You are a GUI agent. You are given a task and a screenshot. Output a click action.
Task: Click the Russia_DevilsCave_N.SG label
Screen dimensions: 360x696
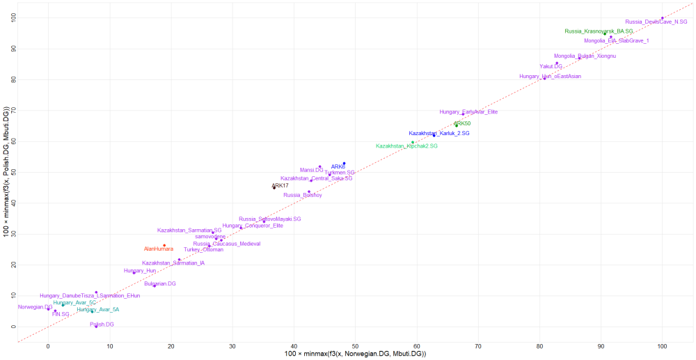(x=656, y=22)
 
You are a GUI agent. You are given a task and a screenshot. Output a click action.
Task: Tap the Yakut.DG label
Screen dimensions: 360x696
(x=551, y=66)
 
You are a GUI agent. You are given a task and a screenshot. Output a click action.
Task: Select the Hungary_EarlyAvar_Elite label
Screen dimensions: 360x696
(x=468, y=111)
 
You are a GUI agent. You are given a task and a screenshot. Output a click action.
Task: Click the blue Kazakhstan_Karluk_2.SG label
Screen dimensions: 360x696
(x=438, y=132)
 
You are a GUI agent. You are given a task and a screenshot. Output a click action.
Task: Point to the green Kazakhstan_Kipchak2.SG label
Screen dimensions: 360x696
(x=406, y=146)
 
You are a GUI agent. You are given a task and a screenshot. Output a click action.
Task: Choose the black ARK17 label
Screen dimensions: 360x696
(x=280, y=186)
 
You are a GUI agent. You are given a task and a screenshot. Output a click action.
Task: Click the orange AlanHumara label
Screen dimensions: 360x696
(x=159, y=249)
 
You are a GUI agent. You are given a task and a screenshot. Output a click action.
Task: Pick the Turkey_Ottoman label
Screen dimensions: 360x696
(x=203, y=249)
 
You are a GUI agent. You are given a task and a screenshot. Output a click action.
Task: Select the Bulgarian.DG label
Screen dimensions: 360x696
(x=160, y=283)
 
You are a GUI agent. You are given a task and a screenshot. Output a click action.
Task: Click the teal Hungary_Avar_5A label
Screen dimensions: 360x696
(x=98, y=309)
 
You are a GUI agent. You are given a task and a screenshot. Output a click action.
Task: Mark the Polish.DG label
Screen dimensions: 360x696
(x=102, y=324)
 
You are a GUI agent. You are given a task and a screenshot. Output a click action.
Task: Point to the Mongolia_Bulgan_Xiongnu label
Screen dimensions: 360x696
(x=585, y=56)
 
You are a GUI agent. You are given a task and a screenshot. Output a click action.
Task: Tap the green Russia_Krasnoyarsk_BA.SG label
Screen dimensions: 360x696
(x=599, y=31)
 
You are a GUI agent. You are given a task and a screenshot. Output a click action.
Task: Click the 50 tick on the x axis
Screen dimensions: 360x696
(x=355, y=346)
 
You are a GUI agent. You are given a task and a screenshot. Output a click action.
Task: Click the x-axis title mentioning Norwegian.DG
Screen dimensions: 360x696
(x=355, y=355)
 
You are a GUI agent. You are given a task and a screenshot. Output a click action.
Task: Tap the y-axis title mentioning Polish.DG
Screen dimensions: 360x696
(x=6, y=172)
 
